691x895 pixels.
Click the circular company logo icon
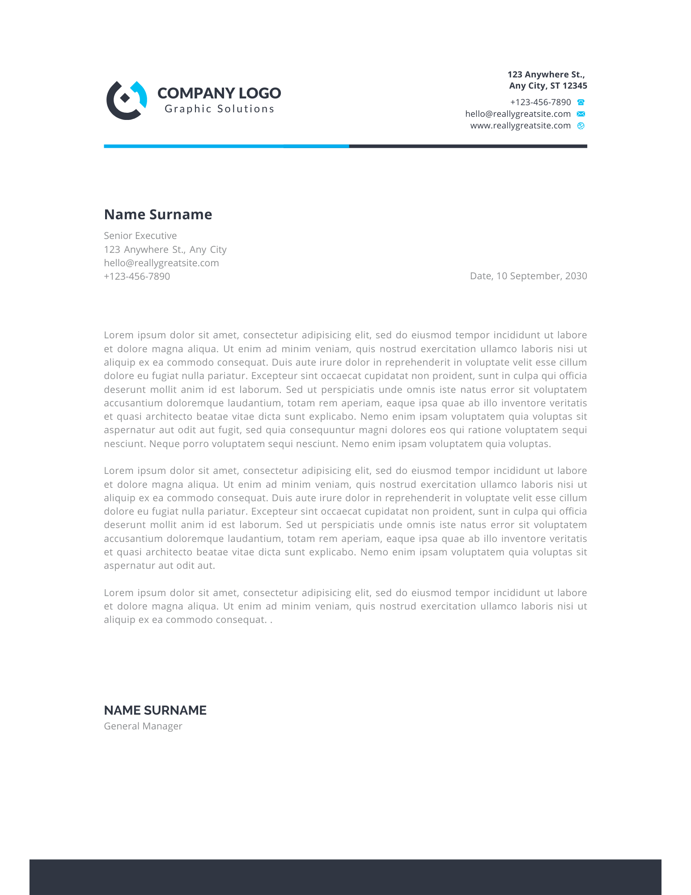[x=127, y=101]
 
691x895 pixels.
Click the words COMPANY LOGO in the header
[x=219, y=93]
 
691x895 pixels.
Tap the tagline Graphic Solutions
[x=219, y=109]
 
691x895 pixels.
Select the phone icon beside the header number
[x=581, y=102]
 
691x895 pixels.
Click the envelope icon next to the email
[x=581, y=114]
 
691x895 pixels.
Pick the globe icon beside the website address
[x=581, y=126]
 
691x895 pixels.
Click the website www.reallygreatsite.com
[x=520, y=126]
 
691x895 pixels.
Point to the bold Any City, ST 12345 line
[x=548, y=85]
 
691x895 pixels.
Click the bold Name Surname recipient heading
[x=158, y=214]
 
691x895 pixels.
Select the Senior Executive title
[x=140, y=236]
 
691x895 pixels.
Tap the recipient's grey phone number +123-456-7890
[x=137, y=277]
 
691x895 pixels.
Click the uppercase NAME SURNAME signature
[x=155, y=710]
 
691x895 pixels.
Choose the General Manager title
[x=143, y=726]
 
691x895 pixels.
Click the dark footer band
[x=345, y=877]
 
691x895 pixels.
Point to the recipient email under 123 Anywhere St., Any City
[x=161, y=263]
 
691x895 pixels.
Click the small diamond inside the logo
[x=125, y=98]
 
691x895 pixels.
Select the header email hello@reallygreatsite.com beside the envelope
[x=518, y=114]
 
